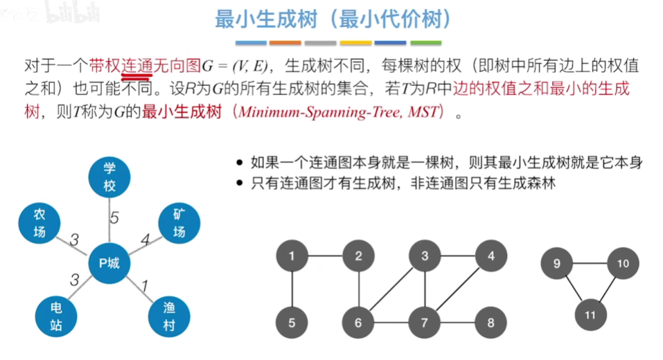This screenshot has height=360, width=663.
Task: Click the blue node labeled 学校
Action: tap(109, 177)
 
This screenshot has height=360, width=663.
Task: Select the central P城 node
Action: tap(109, 263)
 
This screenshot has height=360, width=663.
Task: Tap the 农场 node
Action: tap(39, 222)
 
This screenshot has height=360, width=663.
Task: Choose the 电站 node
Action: tap(56, 315)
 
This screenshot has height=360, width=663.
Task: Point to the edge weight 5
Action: tap(114, 218)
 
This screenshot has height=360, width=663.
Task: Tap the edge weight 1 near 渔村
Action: tap(145, 285)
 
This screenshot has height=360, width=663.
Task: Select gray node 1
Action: tap(292, 257)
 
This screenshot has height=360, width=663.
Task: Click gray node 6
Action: tap(358, 323)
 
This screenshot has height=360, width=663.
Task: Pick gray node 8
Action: tap(490, 323)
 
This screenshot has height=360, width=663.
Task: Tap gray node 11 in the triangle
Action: tap(590, 314)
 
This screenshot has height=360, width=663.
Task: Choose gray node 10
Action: tap(623, 264)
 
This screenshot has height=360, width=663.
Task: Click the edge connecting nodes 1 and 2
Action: tap(325, 257)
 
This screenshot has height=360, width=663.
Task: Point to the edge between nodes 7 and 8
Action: tap(457, 323)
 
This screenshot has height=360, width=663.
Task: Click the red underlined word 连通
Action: tap(137, 66)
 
